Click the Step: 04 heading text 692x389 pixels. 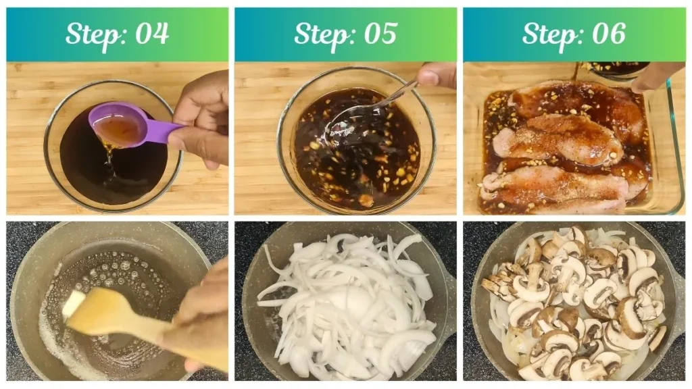117,34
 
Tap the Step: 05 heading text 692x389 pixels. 345,34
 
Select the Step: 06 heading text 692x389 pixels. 574,34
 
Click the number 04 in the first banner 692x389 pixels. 152,34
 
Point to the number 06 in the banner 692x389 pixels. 609,34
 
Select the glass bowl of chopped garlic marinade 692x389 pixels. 357,145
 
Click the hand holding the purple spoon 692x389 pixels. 203,115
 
